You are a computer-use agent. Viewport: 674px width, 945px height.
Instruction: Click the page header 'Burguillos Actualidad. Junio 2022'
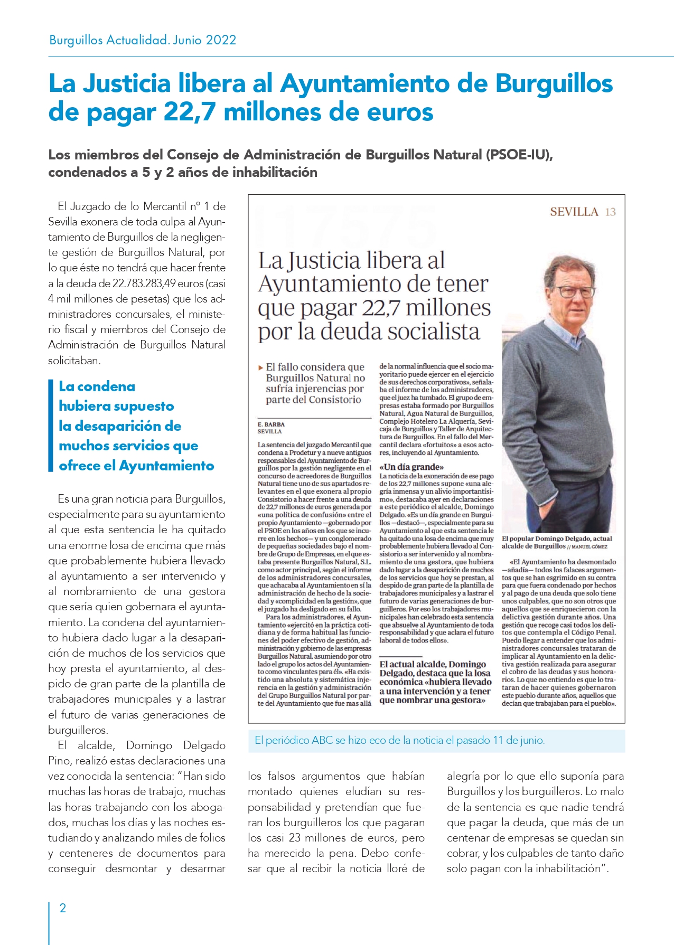[x=143, y=40]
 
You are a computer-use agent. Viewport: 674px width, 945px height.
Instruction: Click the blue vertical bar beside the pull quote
[x=51, y=426]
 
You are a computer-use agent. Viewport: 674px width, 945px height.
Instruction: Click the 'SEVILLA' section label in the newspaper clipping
[x=574, y=212]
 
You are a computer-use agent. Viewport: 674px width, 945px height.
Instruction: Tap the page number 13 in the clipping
[x=611, y=212]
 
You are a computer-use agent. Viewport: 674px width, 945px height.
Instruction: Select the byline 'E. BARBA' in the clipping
[x=271, y=424]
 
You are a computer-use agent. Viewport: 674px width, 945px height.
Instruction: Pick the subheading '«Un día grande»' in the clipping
[x=411, y=467]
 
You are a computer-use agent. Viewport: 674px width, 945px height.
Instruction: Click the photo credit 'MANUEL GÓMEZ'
[x=590, y=547]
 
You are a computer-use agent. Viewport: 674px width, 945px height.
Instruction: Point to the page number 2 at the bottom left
[x=63, y=908]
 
